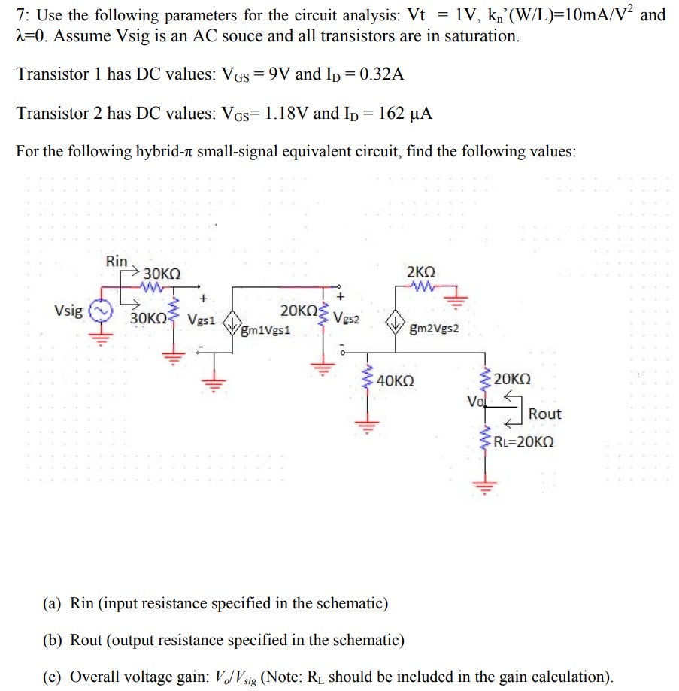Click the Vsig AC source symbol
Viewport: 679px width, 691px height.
click(100, 310)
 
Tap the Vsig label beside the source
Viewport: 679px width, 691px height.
click(68, 309)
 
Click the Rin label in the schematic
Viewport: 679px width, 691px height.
click(117, 261)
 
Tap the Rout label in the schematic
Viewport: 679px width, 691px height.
click(544, 414)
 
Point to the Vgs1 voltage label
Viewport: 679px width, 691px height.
click(202, 319)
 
